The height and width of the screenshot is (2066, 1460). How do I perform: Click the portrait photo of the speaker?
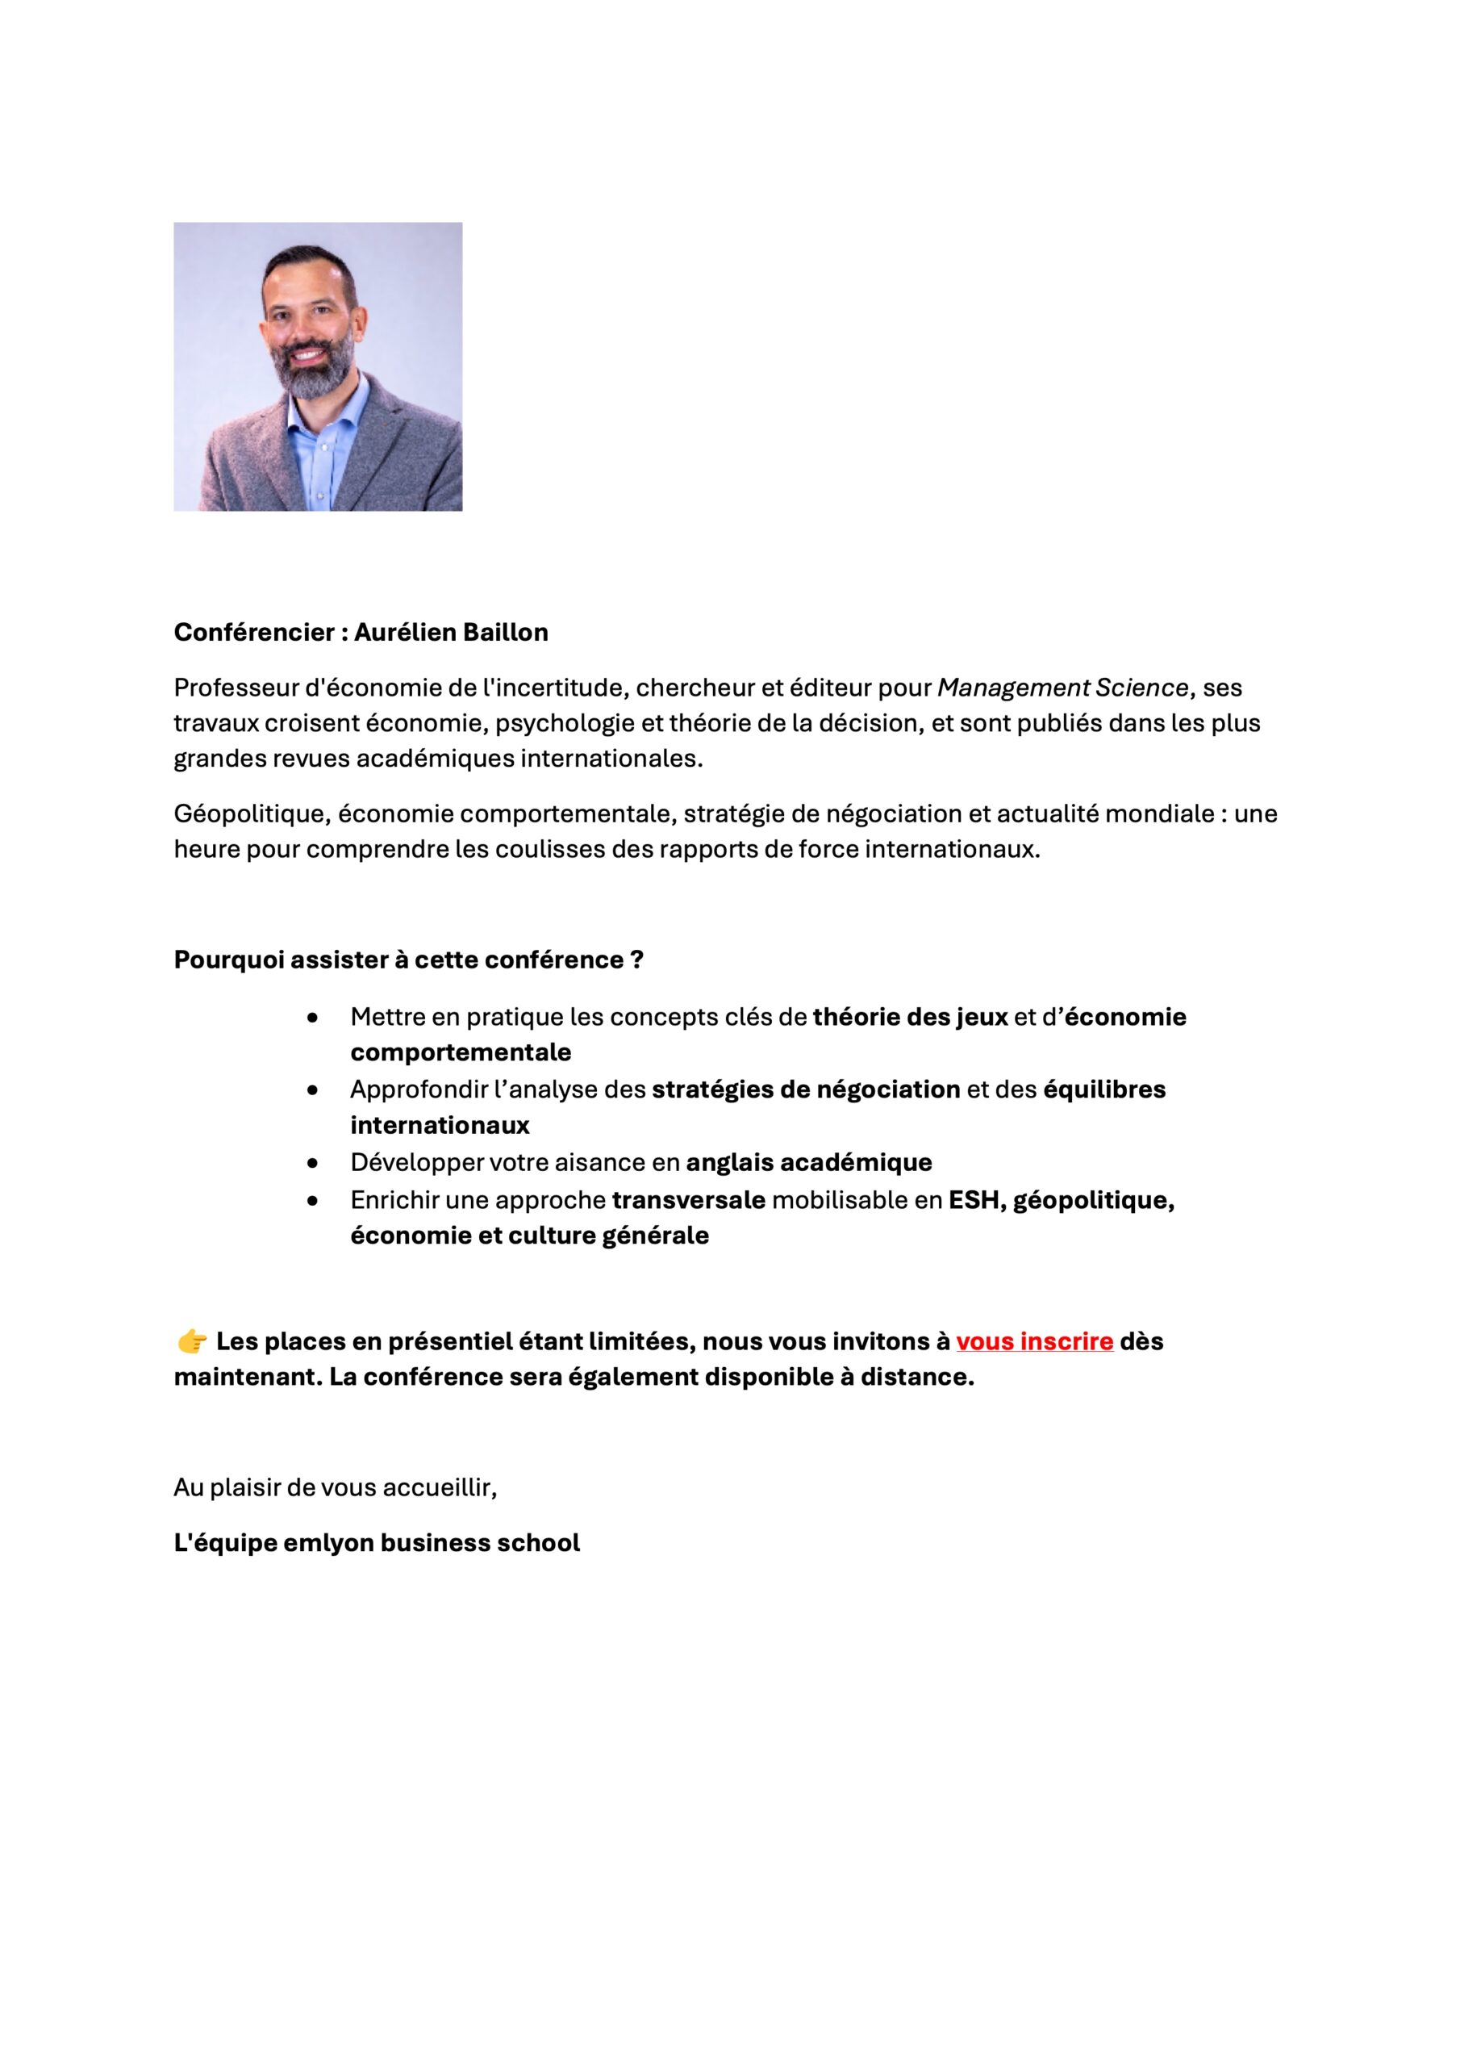318,366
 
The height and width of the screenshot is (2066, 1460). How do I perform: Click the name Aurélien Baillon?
451,633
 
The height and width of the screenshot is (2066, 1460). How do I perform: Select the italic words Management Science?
1062,688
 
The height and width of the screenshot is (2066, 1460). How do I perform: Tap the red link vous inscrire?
1035,1341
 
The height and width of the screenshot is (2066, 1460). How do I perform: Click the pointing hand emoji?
192,1343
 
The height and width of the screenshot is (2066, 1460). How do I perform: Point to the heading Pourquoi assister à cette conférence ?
408,960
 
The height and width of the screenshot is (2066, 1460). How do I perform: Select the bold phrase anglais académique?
809,1163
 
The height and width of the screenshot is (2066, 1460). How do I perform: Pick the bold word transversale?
688,1200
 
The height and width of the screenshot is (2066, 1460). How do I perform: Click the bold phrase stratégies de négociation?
806,1089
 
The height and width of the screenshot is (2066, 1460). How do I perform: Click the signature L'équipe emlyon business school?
377,1543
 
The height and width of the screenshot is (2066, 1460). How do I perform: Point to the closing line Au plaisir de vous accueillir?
335,1487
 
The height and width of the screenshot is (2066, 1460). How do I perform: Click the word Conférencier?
253,633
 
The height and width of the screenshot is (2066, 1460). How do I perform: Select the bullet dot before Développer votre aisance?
312,1164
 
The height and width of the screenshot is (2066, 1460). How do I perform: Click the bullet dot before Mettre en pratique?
312,1018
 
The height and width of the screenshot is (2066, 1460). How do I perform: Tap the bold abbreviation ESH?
974,1200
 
